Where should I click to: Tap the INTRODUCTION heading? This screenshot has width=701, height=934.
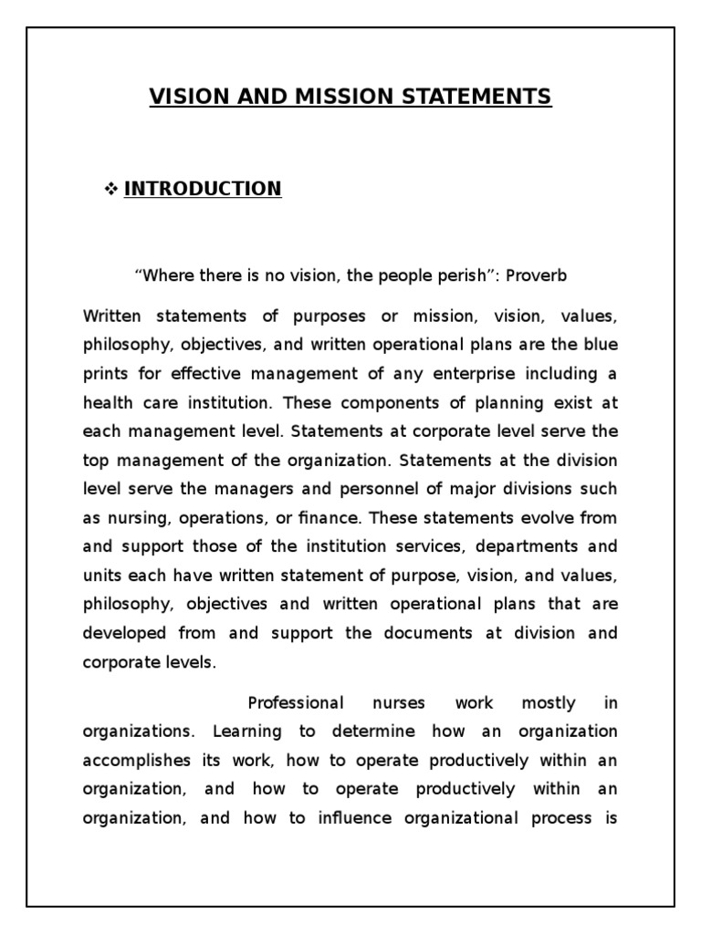[x=203, y=189]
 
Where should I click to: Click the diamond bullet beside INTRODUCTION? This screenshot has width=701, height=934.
[x=112, y=189]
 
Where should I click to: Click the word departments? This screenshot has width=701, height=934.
[x=499, y=546]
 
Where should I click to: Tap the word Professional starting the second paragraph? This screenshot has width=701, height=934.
[x=296, y=703]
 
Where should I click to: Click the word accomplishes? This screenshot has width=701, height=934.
[x=137, y=761]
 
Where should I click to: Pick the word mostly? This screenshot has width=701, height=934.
[x=549, y=703]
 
